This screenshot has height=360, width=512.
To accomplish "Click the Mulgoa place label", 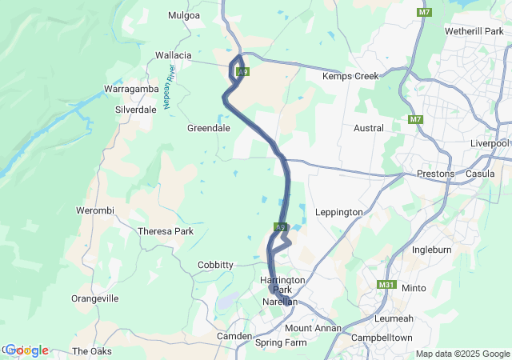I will pyautogui.click(x=185, y=14).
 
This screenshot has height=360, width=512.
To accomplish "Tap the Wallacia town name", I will pyautogui.click(x=174, y=55).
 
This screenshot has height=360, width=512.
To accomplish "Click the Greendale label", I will pyautogui.click(x=208, y=128).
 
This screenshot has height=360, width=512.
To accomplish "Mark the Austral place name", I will pyautogui.click(x=369, y=128).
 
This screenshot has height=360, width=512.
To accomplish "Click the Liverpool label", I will pyautogui.click(x=490, y=143).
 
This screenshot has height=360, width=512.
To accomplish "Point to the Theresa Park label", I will pyautogui.click(x=166, y=231).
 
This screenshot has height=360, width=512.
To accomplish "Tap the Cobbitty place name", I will pyautogui.click(x=215, y=265).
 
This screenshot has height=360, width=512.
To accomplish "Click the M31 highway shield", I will pyautogui.click(x=386, y=285).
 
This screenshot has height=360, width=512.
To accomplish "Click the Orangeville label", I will pyautogui.click(x=95, y=298).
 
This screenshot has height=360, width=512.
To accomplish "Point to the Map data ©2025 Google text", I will pyautogui.click(x=462, y=354).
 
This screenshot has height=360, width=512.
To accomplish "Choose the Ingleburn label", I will pyautogui.click(x=433, y=250).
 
